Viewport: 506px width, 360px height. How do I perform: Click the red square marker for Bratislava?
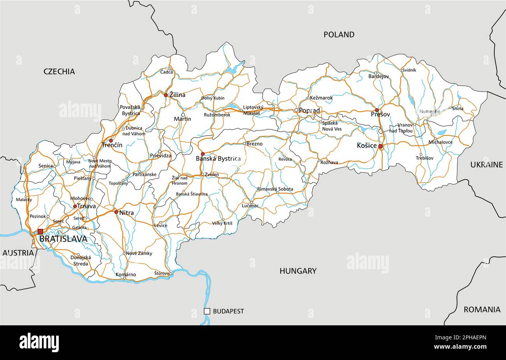[40, 231]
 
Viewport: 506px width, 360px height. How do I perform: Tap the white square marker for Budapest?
[207, 311]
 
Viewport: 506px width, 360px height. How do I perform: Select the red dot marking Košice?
[381, 146]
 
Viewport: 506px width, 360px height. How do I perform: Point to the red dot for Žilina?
[166, 95]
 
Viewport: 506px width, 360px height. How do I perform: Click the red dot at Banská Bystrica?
[202, 154]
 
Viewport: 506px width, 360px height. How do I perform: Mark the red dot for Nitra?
[116, 212]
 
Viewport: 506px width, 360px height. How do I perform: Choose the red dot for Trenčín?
[111, 141]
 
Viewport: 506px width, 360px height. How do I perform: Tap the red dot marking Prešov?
[376, 110]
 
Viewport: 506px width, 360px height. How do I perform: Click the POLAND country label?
[339, 35]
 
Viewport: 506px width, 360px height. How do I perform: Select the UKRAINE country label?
[487, 165]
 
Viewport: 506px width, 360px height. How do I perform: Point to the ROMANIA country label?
[481, 310]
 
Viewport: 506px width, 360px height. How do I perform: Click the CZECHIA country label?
[59, 71]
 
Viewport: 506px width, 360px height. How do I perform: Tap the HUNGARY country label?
[298, 271]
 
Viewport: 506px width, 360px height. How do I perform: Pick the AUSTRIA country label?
[18, 253]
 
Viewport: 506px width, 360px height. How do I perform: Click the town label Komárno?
[126, 275]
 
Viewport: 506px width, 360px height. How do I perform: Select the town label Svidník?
[409, 70]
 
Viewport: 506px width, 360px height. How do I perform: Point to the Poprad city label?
[309, 111]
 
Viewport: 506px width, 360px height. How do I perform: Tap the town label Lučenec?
[250, 206]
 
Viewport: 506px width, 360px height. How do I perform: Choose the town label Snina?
[458, 109]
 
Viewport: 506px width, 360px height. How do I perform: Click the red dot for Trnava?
[75, 206]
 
